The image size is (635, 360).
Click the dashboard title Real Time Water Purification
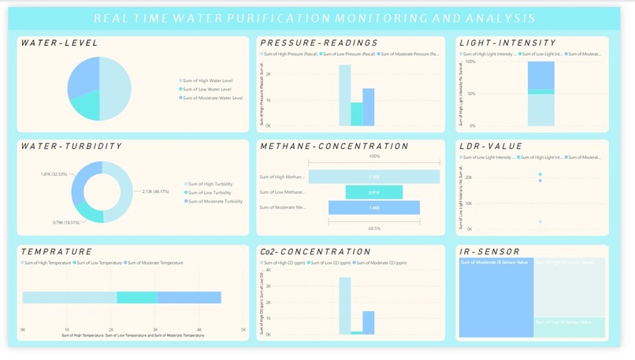tap(314, 18)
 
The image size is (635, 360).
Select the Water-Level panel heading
tap(60, 43)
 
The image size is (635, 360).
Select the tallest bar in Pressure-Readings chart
tap(345, 95)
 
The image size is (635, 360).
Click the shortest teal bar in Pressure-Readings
tap(357, 114)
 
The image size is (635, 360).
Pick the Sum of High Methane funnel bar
tap(373, 176)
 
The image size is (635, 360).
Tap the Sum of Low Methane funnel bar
tap(373, 191)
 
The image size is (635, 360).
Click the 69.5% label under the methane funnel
tap(373, 228)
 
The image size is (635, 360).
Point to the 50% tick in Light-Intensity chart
tap(470, 94)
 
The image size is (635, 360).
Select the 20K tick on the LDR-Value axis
tap(467, 177)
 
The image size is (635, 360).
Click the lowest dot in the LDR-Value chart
tap(540, 221)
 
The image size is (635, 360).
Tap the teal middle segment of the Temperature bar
tap(137, 297)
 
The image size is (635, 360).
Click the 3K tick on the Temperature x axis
tap(155, 329)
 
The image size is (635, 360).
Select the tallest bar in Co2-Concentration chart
tap(345, 306)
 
